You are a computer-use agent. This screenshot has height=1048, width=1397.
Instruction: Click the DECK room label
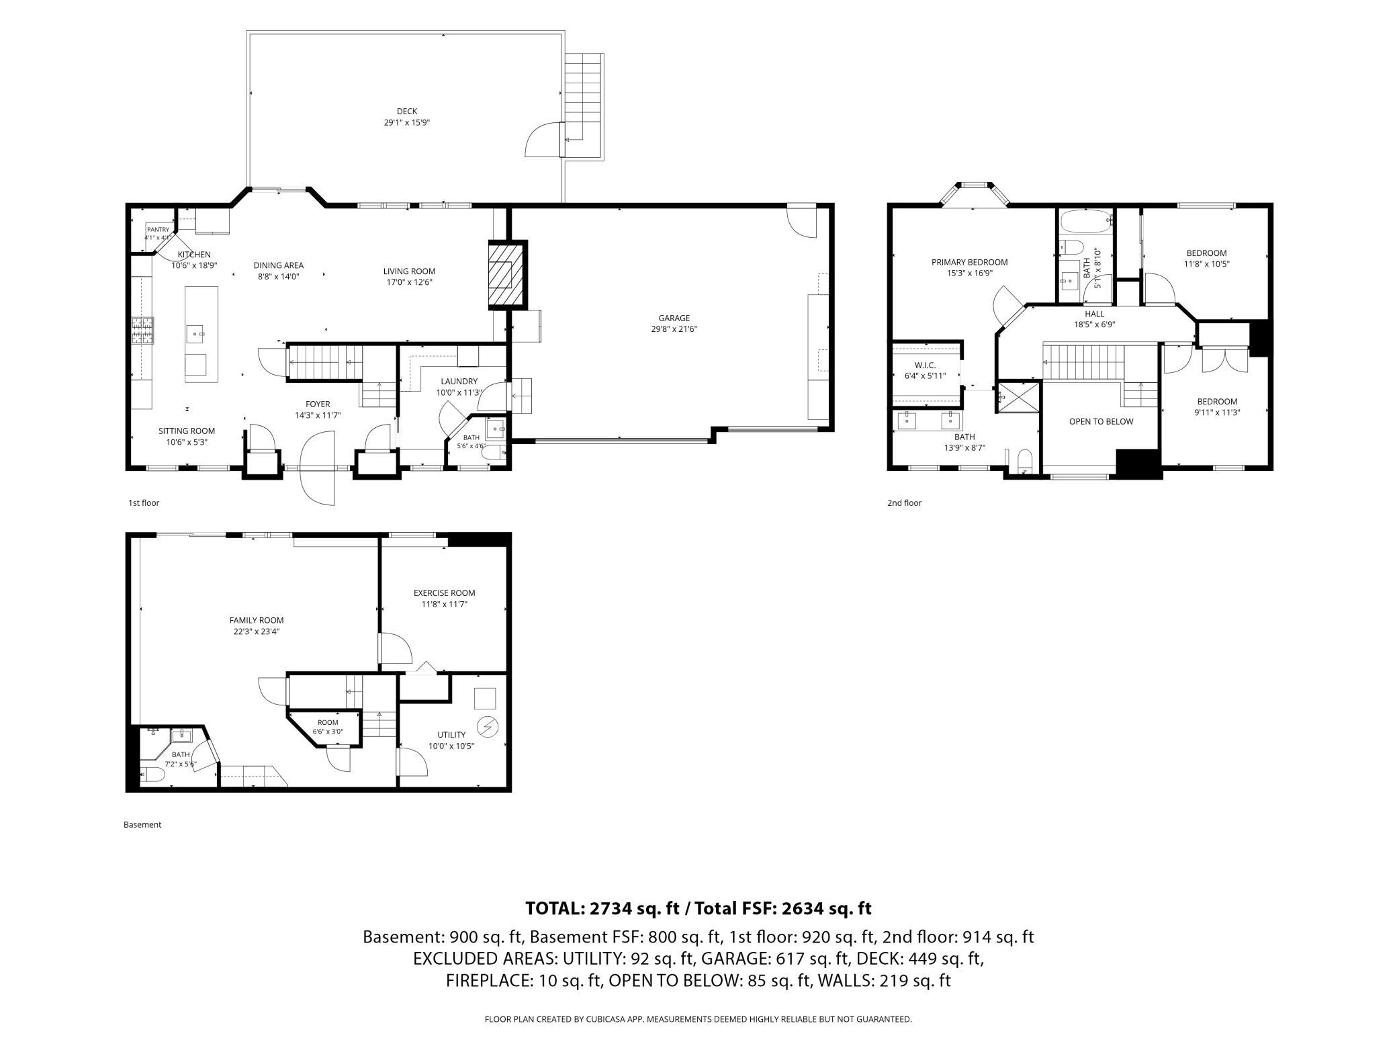(x=407, y=112)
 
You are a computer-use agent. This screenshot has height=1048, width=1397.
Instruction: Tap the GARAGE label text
(x=674, y=318)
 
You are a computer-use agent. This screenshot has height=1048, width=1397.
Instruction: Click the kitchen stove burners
(x=143, y=331)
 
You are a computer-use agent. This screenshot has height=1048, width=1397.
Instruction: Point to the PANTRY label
(x=159, y=229)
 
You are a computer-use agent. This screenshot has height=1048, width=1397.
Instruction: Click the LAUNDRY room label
(x=459, y=381)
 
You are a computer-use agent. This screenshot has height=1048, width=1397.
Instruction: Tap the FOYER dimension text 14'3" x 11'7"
(x=318, y=415)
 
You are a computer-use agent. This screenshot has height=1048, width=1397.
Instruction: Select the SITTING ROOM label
(x=187, y=431)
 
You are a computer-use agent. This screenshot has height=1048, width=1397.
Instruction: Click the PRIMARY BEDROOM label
(x=969, y=262)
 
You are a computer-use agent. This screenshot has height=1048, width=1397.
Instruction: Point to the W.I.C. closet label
(x=925, y=365)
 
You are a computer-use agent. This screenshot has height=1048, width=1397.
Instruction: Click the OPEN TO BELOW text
(x=1101, y=421)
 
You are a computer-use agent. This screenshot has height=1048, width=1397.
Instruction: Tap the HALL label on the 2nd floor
(x=1095, y=314)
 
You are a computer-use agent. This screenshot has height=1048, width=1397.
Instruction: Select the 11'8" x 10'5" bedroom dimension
(x=1206, y=264)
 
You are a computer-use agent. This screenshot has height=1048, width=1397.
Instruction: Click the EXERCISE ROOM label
(x=444, y=593)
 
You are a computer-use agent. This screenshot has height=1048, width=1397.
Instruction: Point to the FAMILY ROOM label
(x=257, y=620)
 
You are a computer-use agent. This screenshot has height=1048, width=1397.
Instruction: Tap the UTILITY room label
(x=451, y=734)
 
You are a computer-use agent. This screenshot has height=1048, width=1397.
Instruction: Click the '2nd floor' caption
(x=904, y=503)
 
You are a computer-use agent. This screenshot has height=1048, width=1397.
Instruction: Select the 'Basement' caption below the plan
(x=142, y=824)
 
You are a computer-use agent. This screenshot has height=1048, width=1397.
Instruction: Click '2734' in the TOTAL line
(x=611, y=908)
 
